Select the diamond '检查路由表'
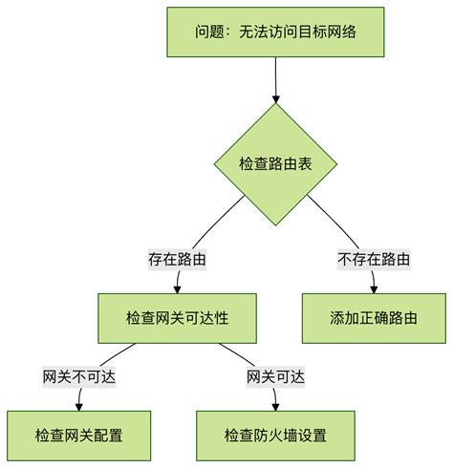276,163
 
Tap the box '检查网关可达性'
177,317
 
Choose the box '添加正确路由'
374,317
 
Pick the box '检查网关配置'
78,436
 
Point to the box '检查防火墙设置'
275,436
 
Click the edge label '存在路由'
178,259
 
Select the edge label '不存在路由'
374,259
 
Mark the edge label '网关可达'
275,376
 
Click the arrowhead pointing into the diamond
276,97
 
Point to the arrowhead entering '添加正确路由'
374,288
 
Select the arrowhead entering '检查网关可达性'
177,288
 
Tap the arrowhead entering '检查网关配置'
78,407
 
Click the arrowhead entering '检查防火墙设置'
275,407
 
